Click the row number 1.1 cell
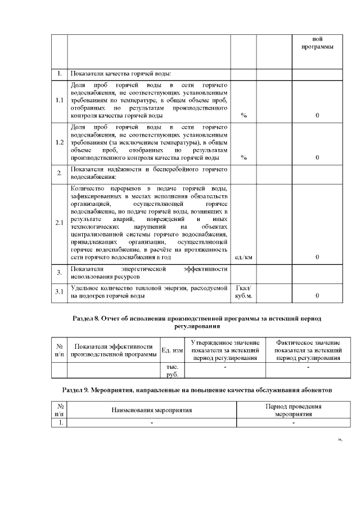[x=59, y=100]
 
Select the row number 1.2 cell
[x=59, y=142]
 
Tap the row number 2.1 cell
[x=59, y=223]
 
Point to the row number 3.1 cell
[x=59, y=291]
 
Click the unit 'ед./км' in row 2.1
[x=243, y=257]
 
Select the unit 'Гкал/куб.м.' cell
[x=244, y=291]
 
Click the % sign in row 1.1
[x=244, y=115]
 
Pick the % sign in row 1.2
[x=244, y=157]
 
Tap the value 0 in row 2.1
[x=317, y=257]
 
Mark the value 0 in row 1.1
[x=317, y=115]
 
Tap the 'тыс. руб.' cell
[x=172, y=370]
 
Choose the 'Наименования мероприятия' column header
[x=151, y=410]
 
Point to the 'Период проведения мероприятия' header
[x=293, y=410]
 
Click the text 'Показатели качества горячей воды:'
[x=120, y=74]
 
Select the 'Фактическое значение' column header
[x=308, y=350]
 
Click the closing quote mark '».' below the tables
[x=340, y=439]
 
